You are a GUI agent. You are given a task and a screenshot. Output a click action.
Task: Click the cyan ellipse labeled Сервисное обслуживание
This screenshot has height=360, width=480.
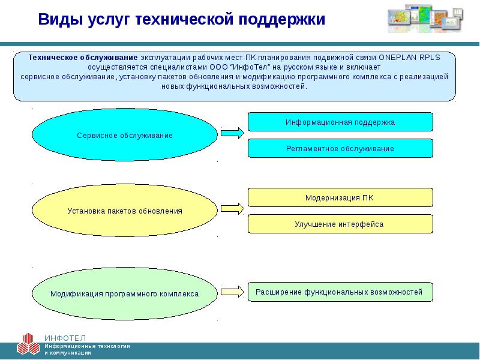(x=124, y=136)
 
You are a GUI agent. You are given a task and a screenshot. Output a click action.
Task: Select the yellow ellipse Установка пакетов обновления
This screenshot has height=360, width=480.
(x=124, y=212)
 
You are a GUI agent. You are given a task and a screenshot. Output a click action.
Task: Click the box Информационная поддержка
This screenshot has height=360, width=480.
(x=340, y=122)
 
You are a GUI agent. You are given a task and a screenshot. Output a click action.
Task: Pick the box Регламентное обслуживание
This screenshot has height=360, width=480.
(x=340, y=148)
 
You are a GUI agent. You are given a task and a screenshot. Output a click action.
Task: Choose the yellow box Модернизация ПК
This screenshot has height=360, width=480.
(x=340, y=197)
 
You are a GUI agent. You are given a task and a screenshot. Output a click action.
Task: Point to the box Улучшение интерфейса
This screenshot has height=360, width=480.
(x=340, y=224)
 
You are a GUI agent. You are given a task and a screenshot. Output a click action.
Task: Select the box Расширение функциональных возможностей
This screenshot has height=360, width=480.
(x=340, y=292)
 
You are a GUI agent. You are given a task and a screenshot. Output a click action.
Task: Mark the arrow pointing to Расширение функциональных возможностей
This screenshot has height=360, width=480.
(x=232, y=292)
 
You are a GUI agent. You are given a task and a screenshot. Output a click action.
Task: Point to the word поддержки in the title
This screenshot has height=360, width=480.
(x=282, y=19)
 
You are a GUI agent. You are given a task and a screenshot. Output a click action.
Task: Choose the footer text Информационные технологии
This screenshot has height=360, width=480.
(x=86, y=346)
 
